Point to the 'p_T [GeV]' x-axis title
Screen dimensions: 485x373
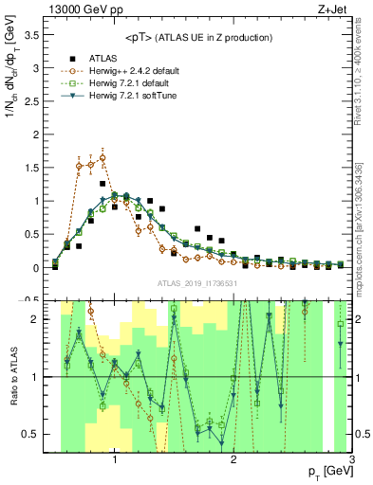326,471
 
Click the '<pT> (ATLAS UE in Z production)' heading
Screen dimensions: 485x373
196,37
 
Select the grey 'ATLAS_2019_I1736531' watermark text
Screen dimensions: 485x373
197,283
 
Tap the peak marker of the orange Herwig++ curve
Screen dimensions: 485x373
103,158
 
